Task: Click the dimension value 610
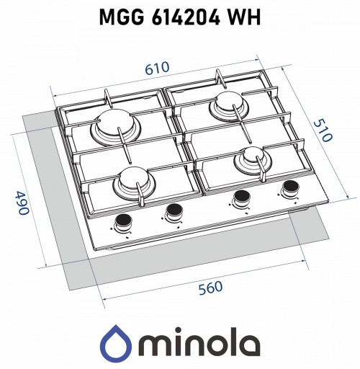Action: click(157, 68)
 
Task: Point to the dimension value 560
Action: click(210, 288)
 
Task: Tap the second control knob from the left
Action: click(174, 210)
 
